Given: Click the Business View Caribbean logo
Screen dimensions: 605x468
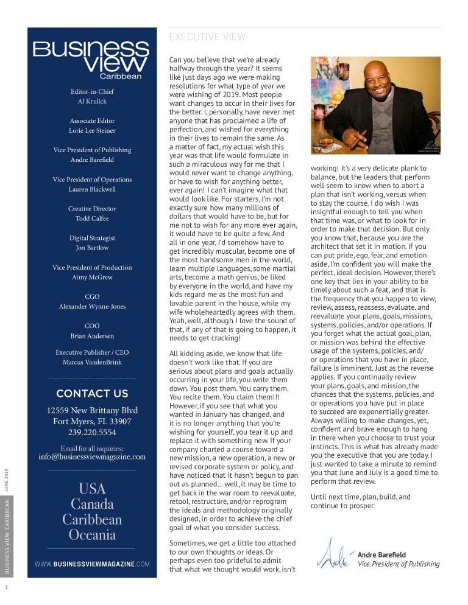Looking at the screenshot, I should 91,60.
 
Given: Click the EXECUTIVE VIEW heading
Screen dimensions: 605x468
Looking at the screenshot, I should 207,37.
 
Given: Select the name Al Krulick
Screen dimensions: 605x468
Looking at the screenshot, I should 92,102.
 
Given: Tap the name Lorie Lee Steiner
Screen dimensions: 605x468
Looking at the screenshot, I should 92,131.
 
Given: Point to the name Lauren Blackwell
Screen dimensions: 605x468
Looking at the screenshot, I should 92,189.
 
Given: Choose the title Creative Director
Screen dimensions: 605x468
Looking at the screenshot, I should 92,209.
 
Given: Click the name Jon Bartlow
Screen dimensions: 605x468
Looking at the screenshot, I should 92,248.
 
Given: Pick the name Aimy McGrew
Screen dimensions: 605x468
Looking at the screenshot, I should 92,277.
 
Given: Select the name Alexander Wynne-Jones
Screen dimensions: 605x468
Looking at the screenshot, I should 92,306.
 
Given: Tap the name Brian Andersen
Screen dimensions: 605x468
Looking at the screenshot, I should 92,335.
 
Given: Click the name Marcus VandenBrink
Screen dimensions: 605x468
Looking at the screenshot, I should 92,362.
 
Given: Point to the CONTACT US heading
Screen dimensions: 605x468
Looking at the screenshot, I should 92,393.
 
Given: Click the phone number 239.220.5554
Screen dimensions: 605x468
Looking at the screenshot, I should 92,433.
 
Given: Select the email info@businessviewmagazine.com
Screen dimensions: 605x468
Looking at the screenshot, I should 92,456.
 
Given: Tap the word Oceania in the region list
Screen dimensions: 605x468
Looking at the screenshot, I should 92,535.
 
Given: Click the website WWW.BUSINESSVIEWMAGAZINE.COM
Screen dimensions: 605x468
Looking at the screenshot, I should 92,564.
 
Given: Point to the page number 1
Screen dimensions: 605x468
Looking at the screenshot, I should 6,587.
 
